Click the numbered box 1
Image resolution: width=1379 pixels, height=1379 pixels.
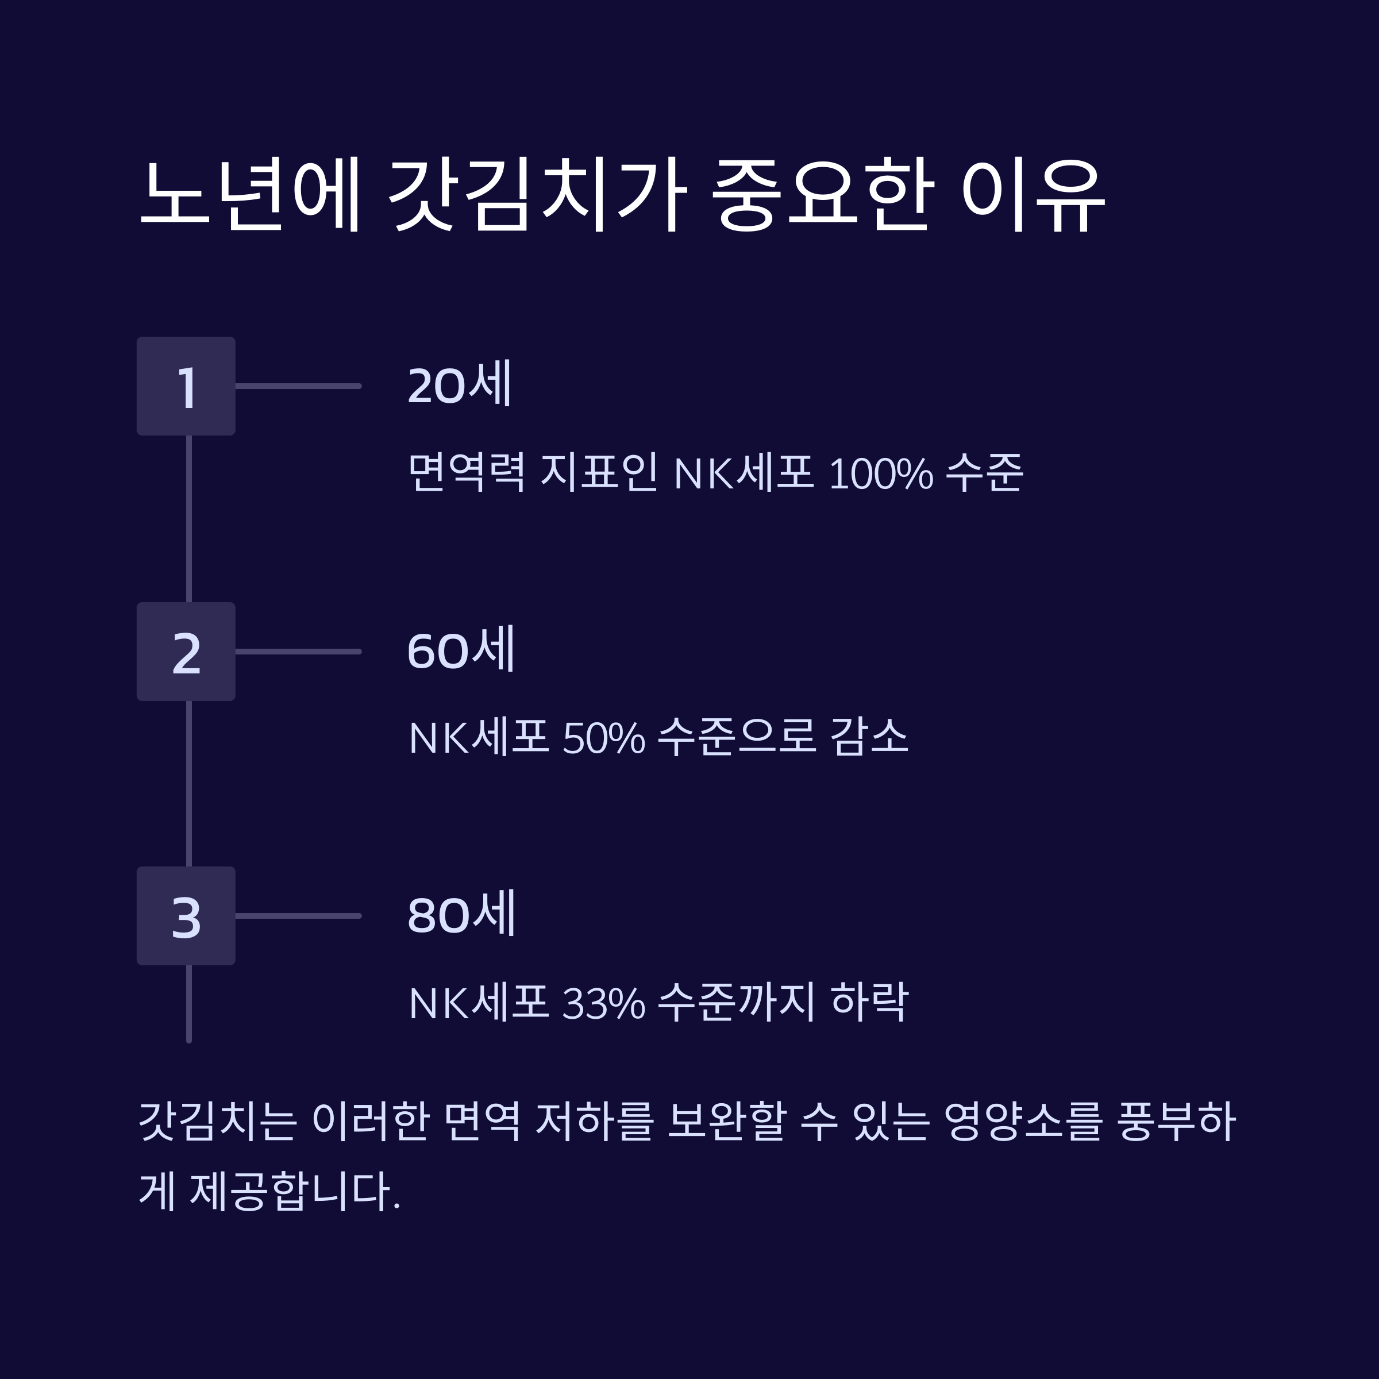pos(186,386)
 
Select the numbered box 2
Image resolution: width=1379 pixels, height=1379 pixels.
pos(186,651)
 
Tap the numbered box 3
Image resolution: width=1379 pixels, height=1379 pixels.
pos(186,916)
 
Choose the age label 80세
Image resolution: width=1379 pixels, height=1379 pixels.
pos(460,914)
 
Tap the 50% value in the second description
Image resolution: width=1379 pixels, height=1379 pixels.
pos(604,737)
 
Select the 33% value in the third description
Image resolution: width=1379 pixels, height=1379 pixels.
pos(604,1002)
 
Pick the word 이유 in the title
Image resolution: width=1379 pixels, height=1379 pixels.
pos(1033,194)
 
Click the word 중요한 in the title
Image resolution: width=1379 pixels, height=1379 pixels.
pos(822,194)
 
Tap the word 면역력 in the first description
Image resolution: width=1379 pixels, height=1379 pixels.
pos(467,472)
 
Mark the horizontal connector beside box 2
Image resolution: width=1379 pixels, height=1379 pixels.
pos(298,651)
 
